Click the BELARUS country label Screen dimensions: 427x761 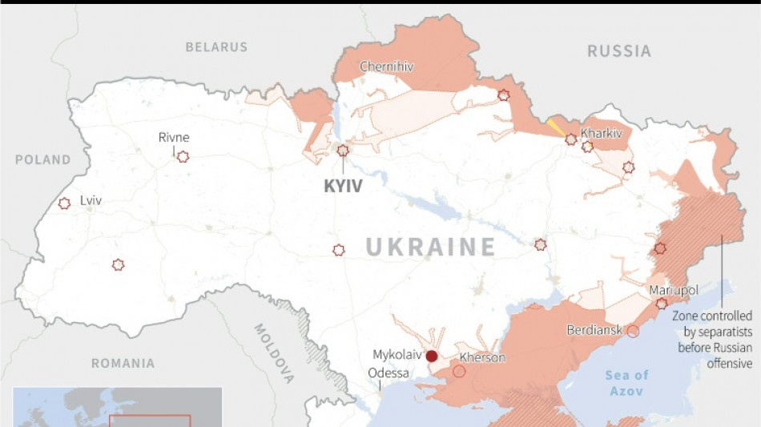click(216, 47)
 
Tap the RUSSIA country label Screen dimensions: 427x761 click(619, 51)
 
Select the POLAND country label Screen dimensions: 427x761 click(43, 160)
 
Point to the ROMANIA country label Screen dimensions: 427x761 click(123, 364)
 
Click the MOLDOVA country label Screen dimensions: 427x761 click(274, 353)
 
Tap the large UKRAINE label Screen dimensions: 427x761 click(431, 247)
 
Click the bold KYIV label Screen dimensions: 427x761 click(343, 187)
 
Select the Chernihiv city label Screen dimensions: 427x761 click(387, 66)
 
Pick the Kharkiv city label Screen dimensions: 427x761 click(602, 133)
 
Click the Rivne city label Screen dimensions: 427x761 click(174, 137)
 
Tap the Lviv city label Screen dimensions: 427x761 click(91, 200)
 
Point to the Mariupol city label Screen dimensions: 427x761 click(674, 289)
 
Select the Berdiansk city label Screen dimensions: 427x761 click(594, 330)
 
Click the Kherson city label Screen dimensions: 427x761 click(482, 357)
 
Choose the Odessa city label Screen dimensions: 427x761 click(388, 373)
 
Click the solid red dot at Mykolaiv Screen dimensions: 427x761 click(432, 357)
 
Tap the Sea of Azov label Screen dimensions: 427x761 click(627, 382)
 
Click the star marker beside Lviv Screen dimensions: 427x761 click(64, 203)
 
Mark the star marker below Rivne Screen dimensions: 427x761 click(183, 156)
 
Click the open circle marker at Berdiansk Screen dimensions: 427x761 click(633, 331)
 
